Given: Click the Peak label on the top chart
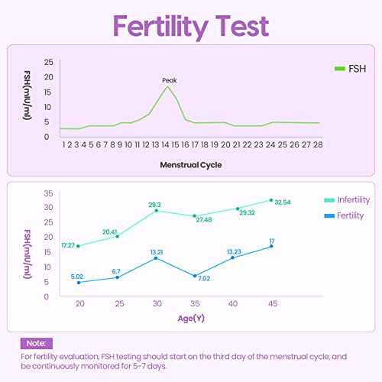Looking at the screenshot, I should click(x=170, y=80).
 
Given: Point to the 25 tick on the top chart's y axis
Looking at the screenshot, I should click(x=49, y=62).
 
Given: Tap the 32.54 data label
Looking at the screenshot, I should click(x=284, y=202).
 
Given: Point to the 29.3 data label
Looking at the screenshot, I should click(x=154, y=205).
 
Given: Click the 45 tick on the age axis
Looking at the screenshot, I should click(x=272, y=304).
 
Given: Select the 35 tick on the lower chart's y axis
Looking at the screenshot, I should click(x=48, y=193).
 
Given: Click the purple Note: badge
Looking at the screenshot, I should click(x=37, y=344).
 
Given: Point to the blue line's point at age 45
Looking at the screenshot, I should click(x=271, y=246).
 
